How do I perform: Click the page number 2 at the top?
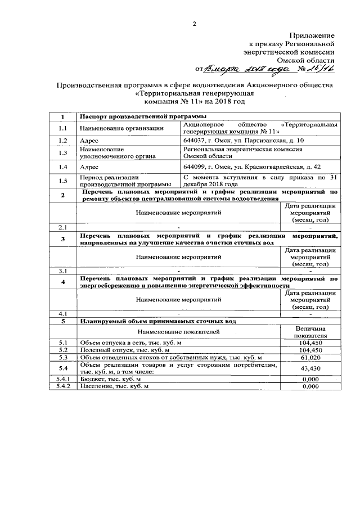(x=195, y=24)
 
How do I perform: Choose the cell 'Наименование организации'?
(x=117, y=128)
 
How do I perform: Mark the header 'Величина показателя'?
(x=310, y=332)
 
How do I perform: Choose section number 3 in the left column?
(x=62, y=239)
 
